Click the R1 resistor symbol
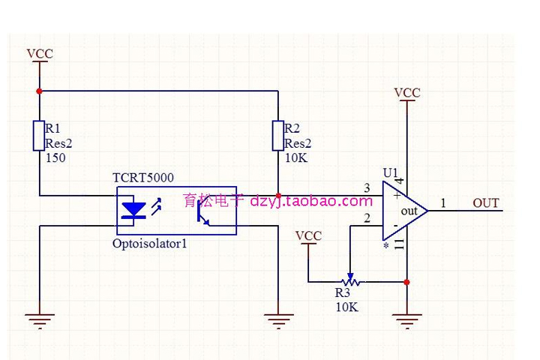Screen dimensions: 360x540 pyautogui.click(x=39, y=136)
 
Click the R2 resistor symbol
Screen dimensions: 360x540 pyautogui.click(x=278, y=136)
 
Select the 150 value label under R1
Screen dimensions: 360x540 pyautogui.click(x=55, y=158)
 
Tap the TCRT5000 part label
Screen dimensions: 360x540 pyautogui.click(x=142, y=178)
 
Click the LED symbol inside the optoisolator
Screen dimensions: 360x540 pyautogui.click(x=133, y=211)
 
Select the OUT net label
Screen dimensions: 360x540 pyautogui.click(x=486, y=203)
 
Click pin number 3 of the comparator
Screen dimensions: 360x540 pyautogui.click(x=367, y=188)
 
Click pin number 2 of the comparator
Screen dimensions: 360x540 pyautogui.click(x=367, y=218)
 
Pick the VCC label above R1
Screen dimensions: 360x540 pyautogui.click(x=39, y=54)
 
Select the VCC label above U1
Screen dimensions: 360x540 pyautogui.click(x=407, y=93)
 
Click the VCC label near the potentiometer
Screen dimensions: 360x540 pyautogui.click(x=308, y=235)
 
